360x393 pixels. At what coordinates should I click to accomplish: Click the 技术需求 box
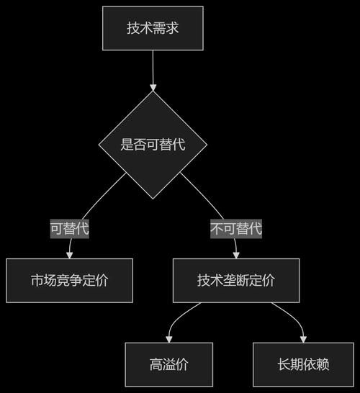(x=153, y=29)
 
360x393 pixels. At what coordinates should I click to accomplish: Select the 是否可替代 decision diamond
(x=153, y=145)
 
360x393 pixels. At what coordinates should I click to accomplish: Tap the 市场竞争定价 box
(x=69, y=281)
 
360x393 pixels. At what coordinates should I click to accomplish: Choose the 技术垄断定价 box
(x=235, y=281)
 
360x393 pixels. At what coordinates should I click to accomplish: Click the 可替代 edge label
(x=69, y=230)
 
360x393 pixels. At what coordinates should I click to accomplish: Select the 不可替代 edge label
(x=236, y=230)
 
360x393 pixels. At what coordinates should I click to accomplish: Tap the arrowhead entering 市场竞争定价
(x=69, y=255)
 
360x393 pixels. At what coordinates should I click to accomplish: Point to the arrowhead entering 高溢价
(x=169, y=338)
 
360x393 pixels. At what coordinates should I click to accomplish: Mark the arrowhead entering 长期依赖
(x=302, y=338)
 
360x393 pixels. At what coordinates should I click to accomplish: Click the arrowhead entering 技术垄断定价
(x=236, y=255)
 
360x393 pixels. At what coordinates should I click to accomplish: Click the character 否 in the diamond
(x=140, y=145)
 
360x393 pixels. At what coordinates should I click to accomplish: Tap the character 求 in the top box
(x=172, y=29)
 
